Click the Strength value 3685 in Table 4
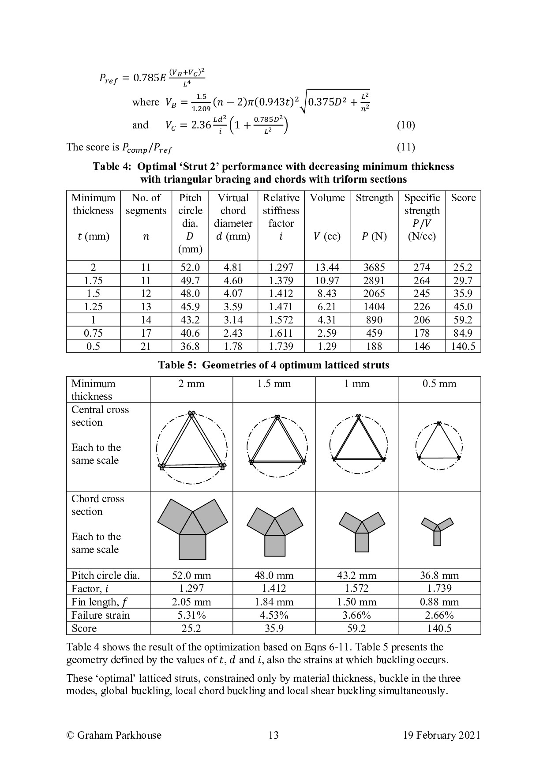click(374, 267)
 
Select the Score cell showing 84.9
click(463, 333)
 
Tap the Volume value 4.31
click(327, 320)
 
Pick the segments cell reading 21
click(146, 346)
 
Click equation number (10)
click(405, 125)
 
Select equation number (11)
click(405, 147)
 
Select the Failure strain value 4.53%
click(274, 615)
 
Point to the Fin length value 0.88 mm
click(439, 602)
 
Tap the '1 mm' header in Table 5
click(356, 383)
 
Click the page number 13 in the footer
click(273, 735)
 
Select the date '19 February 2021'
click(441, 735)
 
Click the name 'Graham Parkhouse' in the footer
click(119, 735)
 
